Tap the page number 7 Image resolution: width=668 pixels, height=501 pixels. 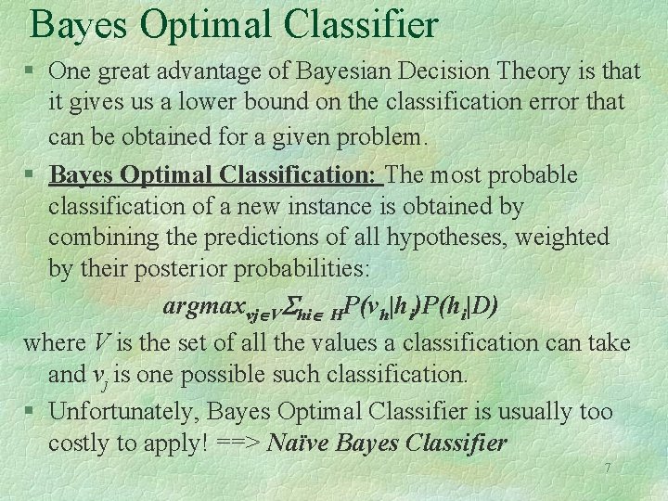click(608, 468)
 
